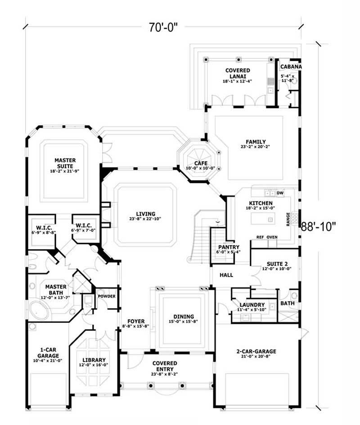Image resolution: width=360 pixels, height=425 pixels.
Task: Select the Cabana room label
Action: point(290,67)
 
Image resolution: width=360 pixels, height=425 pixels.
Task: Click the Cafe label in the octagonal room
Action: point(200,163)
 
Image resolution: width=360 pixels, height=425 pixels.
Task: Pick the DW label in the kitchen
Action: point(280,193)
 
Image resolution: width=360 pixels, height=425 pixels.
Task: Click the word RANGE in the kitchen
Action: point(288,219)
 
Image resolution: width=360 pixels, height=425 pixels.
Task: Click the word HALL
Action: point(226,274)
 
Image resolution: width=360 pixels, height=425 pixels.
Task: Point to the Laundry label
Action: point(252,305)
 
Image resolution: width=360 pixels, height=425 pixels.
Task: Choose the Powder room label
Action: point(107,296)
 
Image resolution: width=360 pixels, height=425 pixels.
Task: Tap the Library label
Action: point(94,360)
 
